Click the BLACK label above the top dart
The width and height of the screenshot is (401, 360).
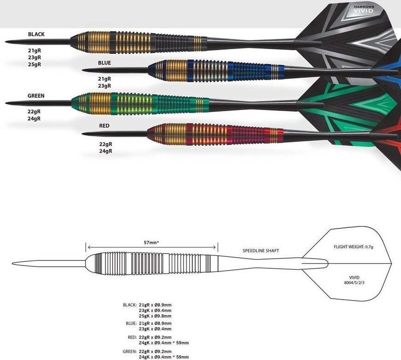(36, 34)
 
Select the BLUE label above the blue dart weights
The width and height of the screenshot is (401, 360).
(105, 62)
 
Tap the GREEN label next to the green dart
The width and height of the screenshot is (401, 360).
(35, 96)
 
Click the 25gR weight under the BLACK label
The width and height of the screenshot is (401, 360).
(35, 65)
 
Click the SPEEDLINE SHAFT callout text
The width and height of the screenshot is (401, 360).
(261, 251)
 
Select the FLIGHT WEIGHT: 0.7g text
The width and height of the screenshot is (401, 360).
(354, 247)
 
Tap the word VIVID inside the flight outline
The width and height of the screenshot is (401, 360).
(355, 277)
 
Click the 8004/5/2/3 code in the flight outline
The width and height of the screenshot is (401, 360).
(355, 283)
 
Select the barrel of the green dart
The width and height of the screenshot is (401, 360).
(138, 101)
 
